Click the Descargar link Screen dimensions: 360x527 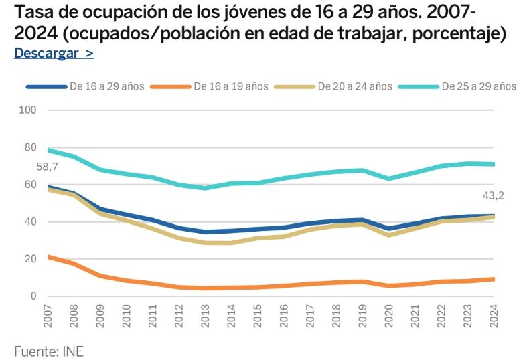click(x=54, y=54)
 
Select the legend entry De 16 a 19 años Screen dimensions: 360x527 click(x=231, y=86)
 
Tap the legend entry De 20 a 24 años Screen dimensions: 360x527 click(x=355, y=86)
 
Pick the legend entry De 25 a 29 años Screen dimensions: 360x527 click(x=479, y=86)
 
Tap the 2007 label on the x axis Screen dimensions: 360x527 click(x=48, y=317)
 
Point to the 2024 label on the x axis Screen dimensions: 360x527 click(x=494, y=317)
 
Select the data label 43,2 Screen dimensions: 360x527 click(x=493, y=196)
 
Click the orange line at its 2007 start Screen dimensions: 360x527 click(x=48, y=257)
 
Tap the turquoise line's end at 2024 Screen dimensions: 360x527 click(x=494, y=164)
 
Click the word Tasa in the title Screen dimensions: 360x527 click(x=31, y=13)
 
